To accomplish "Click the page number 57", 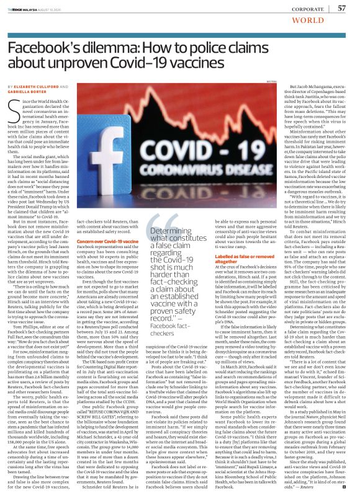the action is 341,8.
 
